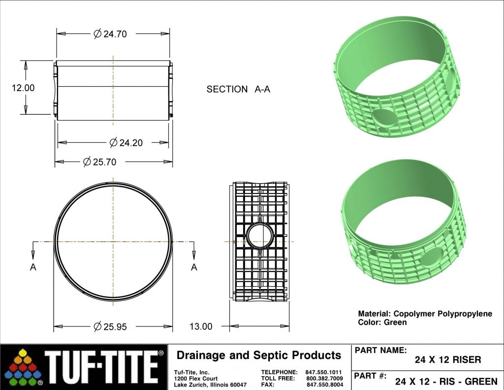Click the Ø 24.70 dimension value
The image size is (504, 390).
(110, 34)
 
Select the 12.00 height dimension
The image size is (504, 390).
(23, 88)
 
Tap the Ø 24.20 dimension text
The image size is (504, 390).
(126, 142)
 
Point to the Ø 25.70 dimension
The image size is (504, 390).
(99, 162)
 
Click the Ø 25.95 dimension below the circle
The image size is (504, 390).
(110, 326)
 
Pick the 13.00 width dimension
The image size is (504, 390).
(201, 326)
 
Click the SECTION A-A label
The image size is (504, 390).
(238, 89)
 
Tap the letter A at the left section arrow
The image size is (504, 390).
(33, 267)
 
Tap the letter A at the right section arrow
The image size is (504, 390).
(194, 267)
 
